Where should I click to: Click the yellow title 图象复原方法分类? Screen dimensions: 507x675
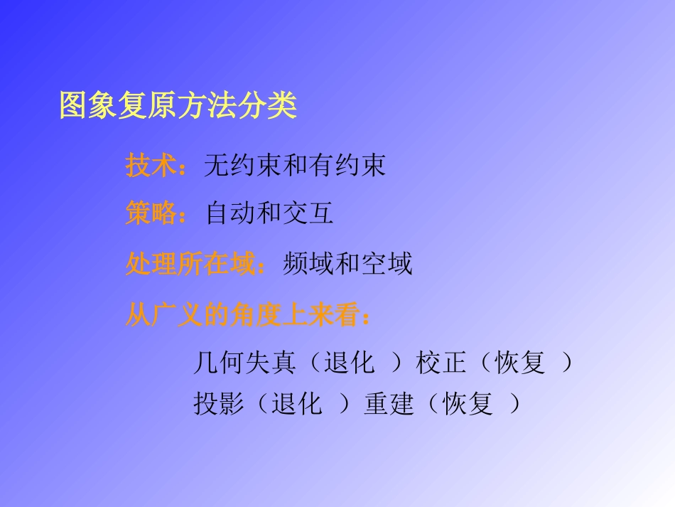point(178,107)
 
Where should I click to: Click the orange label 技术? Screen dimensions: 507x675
point(151,166)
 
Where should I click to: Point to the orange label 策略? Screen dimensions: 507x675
point(151,213)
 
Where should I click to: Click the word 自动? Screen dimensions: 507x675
point(230,213)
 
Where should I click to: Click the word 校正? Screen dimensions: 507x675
point(441,363)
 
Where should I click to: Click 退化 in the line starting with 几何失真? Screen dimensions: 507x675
point(349,363)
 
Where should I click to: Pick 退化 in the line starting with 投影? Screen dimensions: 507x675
point(296,405)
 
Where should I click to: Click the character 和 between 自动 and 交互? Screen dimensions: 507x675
point(269,213)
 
